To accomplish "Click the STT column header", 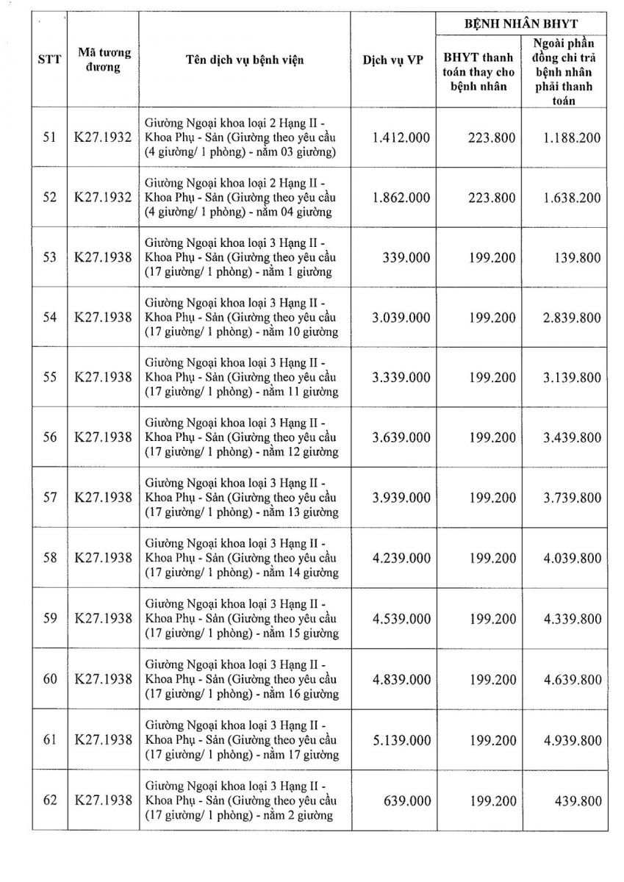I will (49, 60).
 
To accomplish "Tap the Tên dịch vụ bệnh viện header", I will (245, 60).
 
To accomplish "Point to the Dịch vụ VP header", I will (392, 60).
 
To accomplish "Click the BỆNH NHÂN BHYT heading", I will (521, 24).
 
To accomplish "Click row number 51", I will (49, 137).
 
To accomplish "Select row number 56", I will (49, 437).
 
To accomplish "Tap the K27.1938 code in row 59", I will (104, 618).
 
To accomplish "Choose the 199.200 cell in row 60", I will (492, 678).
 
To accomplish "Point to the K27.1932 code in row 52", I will (104, 198).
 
